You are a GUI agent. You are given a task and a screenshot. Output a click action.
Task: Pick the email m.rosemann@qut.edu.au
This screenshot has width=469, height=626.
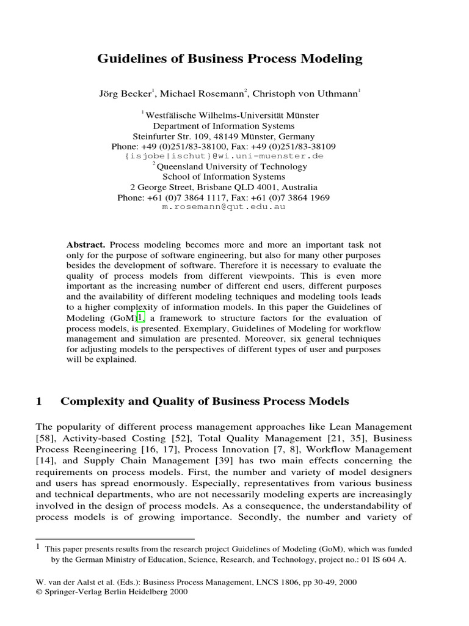click(223, 207)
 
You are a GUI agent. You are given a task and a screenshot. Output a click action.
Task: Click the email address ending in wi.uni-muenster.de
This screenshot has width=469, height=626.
click(224, 156)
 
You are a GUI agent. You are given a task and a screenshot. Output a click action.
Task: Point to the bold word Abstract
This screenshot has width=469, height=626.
click(86, 244)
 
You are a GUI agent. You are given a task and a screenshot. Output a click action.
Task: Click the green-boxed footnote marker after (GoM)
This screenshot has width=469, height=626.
click(140, 318)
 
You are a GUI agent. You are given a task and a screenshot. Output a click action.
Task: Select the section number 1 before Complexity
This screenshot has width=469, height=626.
click(39, 402)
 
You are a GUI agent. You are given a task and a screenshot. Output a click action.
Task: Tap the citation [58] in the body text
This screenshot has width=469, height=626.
click(45, 438)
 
